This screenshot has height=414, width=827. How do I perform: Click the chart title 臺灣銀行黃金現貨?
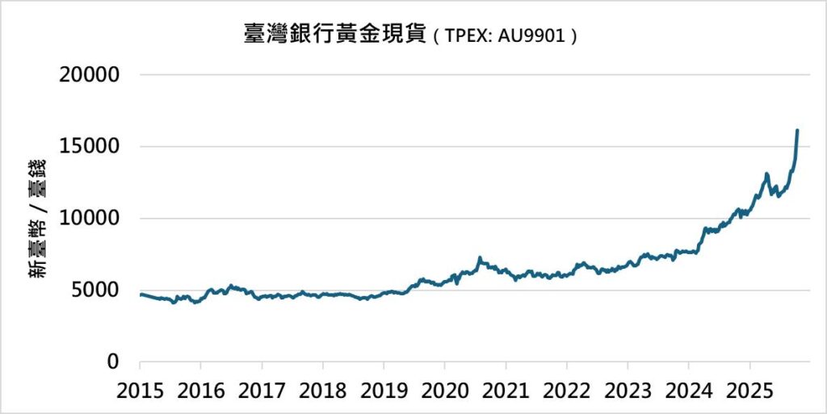pyautogui.click(x=334, y=35)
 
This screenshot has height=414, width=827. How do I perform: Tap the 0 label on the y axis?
pyautogui.click(x=113, y=362)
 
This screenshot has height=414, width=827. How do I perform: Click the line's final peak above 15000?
pyautogui.click(x=797, y=131)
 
